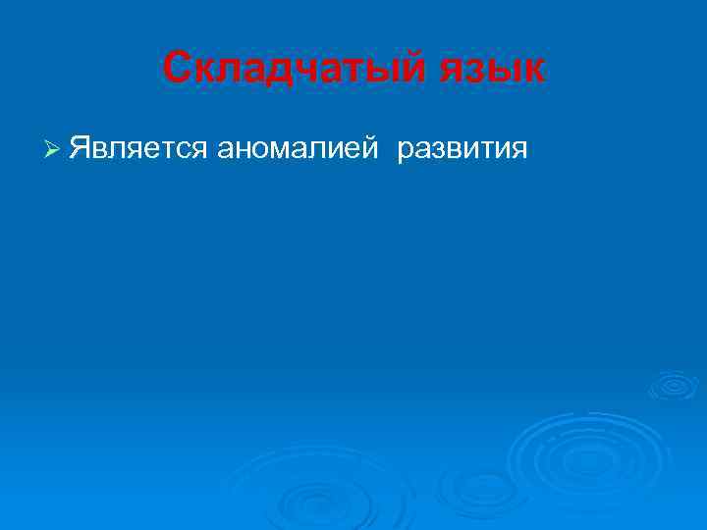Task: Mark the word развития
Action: (462, 148)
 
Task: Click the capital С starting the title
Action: (176, 69)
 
